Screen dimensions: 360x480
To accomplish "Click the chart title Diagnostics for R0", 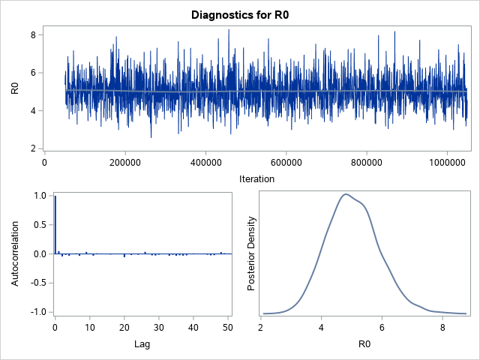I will (240, 14).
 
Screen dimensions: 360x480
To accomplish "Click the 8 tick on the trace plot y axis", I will (34, 34).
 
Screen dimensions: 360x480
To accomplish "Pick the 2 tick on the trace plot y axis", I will (34, 148).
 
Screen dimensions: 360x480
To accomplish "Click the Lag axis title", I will (142, 343).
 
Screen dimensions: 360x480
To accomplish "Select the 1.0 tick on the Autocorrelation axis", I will (36, 196).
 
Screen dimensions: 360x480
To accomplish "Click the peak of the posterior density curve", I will (346, 194).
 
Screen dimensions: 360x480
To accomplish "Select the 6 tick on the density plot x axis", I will (382, 327).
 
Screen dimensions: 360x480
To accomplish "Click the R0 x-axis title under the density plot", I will (352, 343).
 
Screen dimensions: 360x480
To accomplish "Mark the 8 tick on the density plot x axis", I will (442, 327).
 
